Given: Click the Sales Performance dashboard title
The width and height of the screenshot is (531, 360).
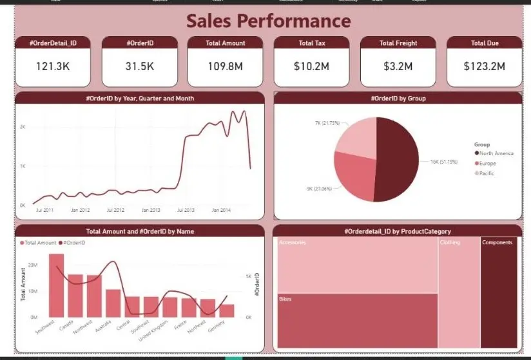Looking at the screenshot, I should (x=269, y=21).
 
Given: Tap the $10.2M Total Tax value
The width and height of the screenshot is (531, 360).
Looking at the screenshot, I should (x=311, y=66).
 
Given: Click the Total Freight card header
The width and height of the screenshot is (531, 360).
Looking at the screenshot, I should (x=398, y=43).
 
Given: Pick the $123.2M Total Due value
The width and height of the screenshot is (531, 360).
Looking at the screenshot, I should (x=484, y=66).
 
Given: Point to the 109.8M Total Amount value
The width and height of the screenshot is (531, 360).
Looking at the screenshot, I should (x=226, y=66).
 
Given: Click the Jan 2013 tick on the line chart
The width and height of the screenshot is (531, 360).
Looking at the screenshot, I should (x=151, y=210).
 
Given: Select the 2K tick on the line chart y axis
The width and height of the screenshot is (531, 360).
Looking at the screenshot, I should (x=22, y=127).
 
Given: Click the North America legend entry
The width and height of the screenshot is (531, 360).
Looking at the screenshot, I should (x=496, y=153).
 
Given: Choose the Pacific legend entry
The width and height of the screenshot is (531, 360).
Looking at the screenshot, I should (x=487, y=173).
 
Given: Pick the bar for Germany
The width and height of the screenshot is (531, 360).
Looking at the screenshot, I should (x=227, y=310).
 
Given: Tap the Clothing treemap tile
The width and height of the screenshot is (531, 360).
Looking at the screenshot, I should (x=458, y=293).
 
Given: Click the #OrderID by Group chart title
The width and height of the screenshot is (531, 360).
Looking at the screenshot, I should (x=398, y=99).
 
